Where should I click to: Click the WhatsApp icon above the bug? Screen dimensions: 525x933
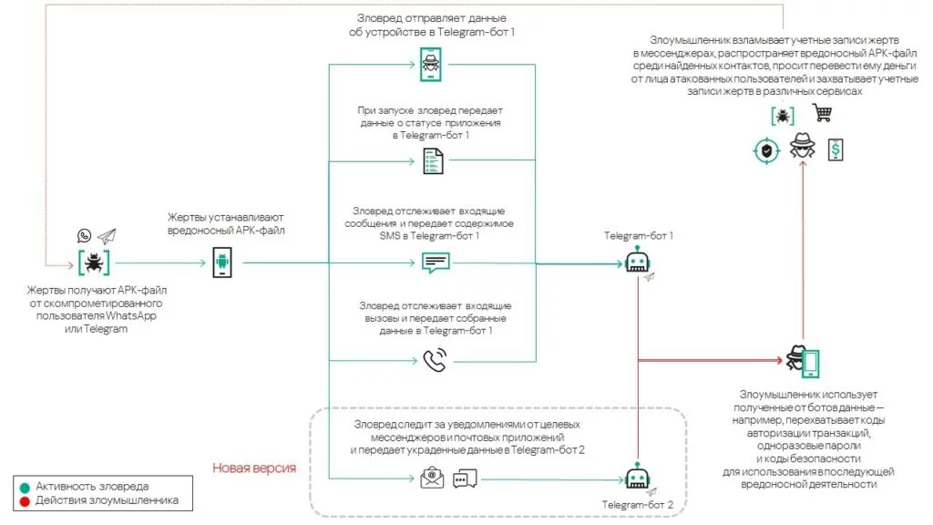[x=85, y=235]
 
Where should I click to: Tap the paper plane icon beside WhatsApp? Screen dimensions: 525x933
[x=108, y=235]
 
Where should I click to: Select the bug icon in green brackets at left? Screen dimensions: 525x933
[x=94, y=262]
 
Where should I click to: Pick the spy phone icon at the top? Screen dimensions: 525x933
[x=430, y=64]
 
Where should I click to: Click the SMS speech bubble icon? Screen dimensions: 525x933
[x=436, y=262]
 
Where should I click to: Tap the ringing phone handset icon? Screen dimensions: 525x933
[x=435, y=361]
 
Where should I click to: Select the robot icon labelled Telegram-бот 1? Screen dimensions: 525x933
[x=638, y=262]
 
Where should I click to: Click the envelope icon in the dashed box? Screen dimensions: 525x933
[x=432, y=478]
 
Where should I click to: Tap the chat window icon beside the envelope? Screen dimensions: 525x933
[x=465, y=479]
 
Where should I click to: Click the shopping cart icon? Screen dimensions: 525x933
[x=822, y=114]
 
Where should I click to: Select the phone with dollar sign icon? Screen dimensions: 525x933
[x=834, y=149]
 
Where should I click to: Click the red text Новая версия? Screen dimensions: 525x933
[x=254, y=468]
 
